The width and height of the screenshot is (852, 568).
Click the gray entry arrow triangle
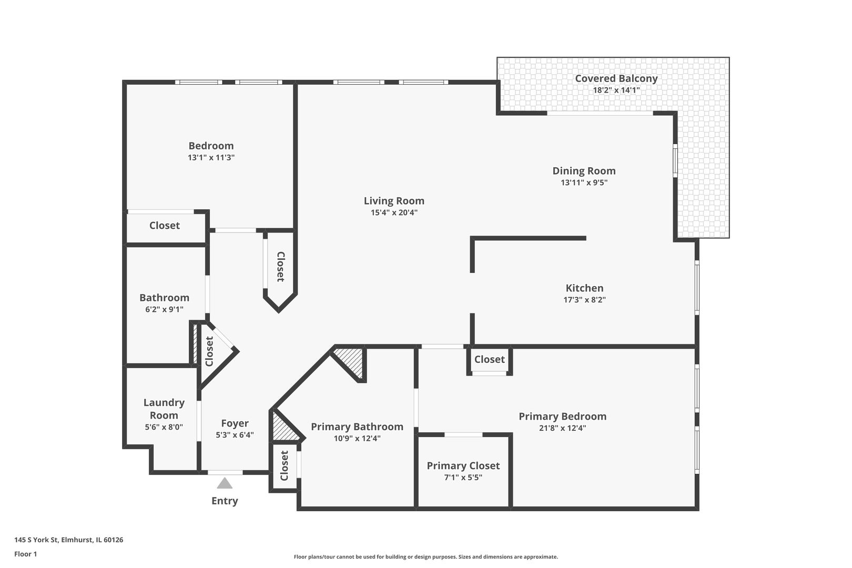[225, 483]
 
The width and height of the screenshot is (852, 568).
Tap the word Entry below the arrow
[225, 501]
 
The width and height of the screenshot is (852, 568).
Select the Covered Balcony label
[616, 78]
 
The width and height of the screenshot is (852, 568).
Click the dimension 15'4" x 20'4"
[394, 212]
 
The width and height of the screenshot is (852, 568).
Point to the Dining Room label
[584, 170]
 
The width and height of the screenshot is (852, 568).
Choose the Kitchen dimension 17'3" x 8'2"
[584, 300]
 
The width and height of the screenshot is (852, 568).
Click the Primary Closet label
[463, 465]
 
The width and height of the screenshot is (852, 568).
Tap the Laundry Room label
[164, 409]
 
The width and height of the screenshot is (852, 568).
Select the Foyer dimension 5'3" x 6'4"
[235, 435]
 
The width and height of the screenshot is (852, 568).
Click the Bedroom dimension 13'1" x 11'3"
[211, 157]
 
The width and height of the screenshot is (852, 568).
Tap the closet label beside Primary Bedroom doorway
[489, 359]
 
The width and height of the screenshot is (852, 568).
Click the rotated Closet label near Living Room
[280, 267]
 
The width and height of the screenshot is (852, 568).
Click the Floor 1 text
[25, 554]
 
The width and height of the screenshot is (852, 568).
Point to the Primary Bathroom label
[357, 427]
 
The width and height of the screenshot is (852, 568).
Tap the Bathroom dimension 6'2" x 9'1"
[164, 309]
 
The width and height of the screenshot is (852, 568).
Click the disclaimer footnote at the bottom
[425, 556]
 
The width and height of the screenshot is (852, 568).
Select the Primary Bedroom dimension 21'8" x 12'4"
[562, 428]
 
